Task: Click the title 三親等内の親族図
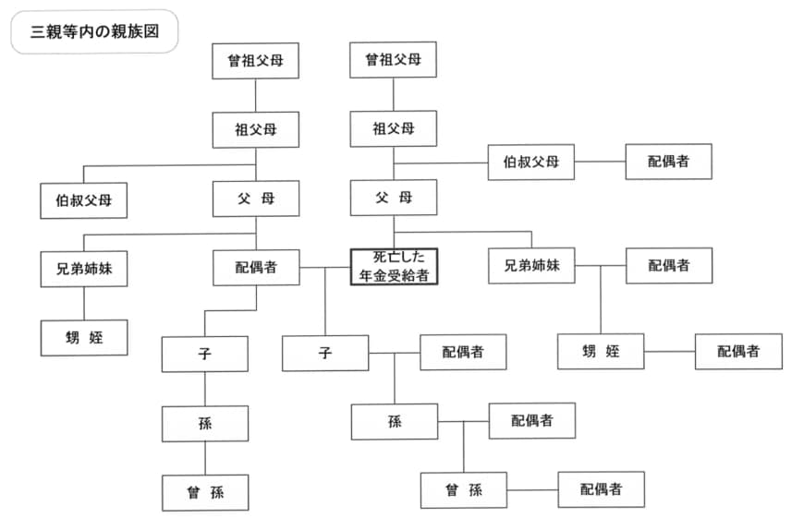point(93,31)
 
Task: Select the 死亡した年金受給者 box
point(394,266)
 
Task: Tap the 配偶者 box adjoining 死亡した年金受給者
point(255,268)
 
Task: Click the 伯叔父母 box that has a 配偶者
point(531,162)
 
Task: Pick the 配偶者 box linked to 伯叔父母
point(668,162)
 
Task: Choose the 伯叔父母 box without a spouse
point(83,200)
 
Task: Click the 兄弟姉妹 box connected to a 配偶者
point(531,266)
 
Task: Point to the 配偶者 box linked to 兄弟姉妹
point(668,266)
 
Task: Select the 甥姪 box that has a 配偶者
point(601,352)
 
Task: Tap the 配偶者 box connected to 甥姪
point(738,352)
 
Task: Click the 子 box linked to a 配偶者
point(325,353)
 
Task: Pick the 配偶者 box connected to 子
point(462,352)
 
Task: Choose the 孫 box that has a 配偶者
point(394,421)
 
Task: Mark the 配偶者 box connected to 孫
point(531,421)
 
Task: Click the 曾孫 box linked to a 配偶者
point(463,490)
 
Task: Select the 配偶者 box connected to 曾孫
point(601,489)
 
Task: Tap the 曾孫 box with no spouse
point(205,492)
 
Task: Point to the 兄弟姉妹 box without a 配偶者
point(83,268)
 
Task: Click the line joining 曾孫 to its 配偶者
point(531,489)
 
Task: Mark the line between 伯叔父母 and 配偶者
point(600,162)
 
